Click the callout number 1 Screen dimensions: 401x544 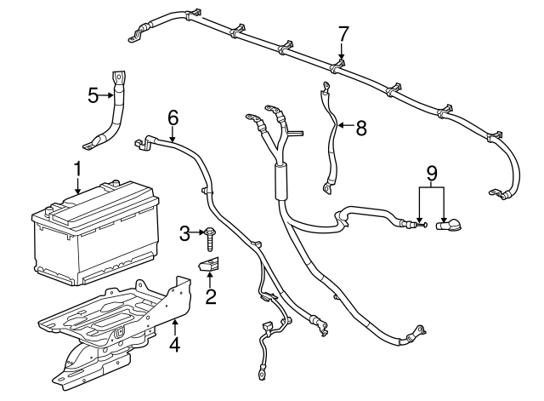click(x=77, y=170)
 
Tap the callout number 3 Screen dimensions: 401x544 click(x=183, y=232)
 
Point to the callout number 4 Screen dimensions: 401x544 click(x=174, y=345)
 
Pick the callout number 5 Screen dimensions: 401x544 click(x=93, y=95)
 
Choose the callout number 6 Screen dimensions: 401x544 click(x=173, y=117)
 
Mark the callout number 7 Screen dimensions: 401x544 click(x=343, y=34)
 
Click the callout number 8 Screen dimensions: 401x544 click(x=360, y=129)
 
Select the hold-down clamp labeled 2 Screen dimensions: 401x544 click(x=209, y=266)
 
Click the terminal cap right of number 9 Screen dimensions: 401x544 click(x=449, y=225)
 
